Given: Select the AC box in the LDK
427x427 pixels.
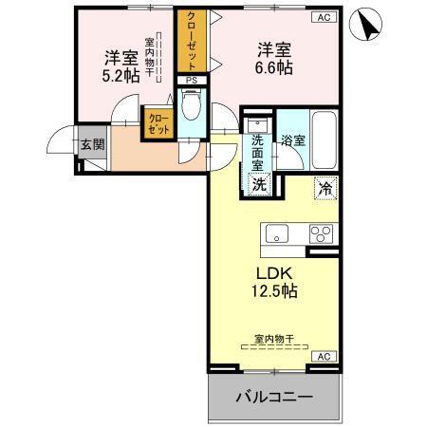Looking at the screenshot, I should (x=323, y=356).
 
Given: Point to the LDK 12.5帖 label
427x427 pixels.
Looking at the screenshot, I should (x=273, y=282).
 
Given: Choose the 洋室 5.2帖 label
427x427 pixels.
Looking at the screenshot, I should (x=121, y=66).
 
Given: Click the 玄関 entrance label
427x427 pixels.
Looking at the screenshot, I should (x=92, y=144).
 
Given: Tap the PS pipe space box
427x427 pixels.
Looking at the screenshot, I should (x=192, y=81).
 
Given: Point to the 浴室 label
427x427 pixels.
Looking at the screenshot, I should (x=292, y=141).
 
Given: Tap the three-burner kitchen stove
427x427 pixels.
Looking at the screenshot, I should (x=321, y=234).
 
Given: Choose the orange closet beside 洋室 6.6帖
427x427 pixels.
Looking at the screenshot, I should (x=191, y=41).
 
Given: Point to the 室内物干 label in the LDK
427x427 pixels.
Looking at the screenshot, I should (x=272, y=338).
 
